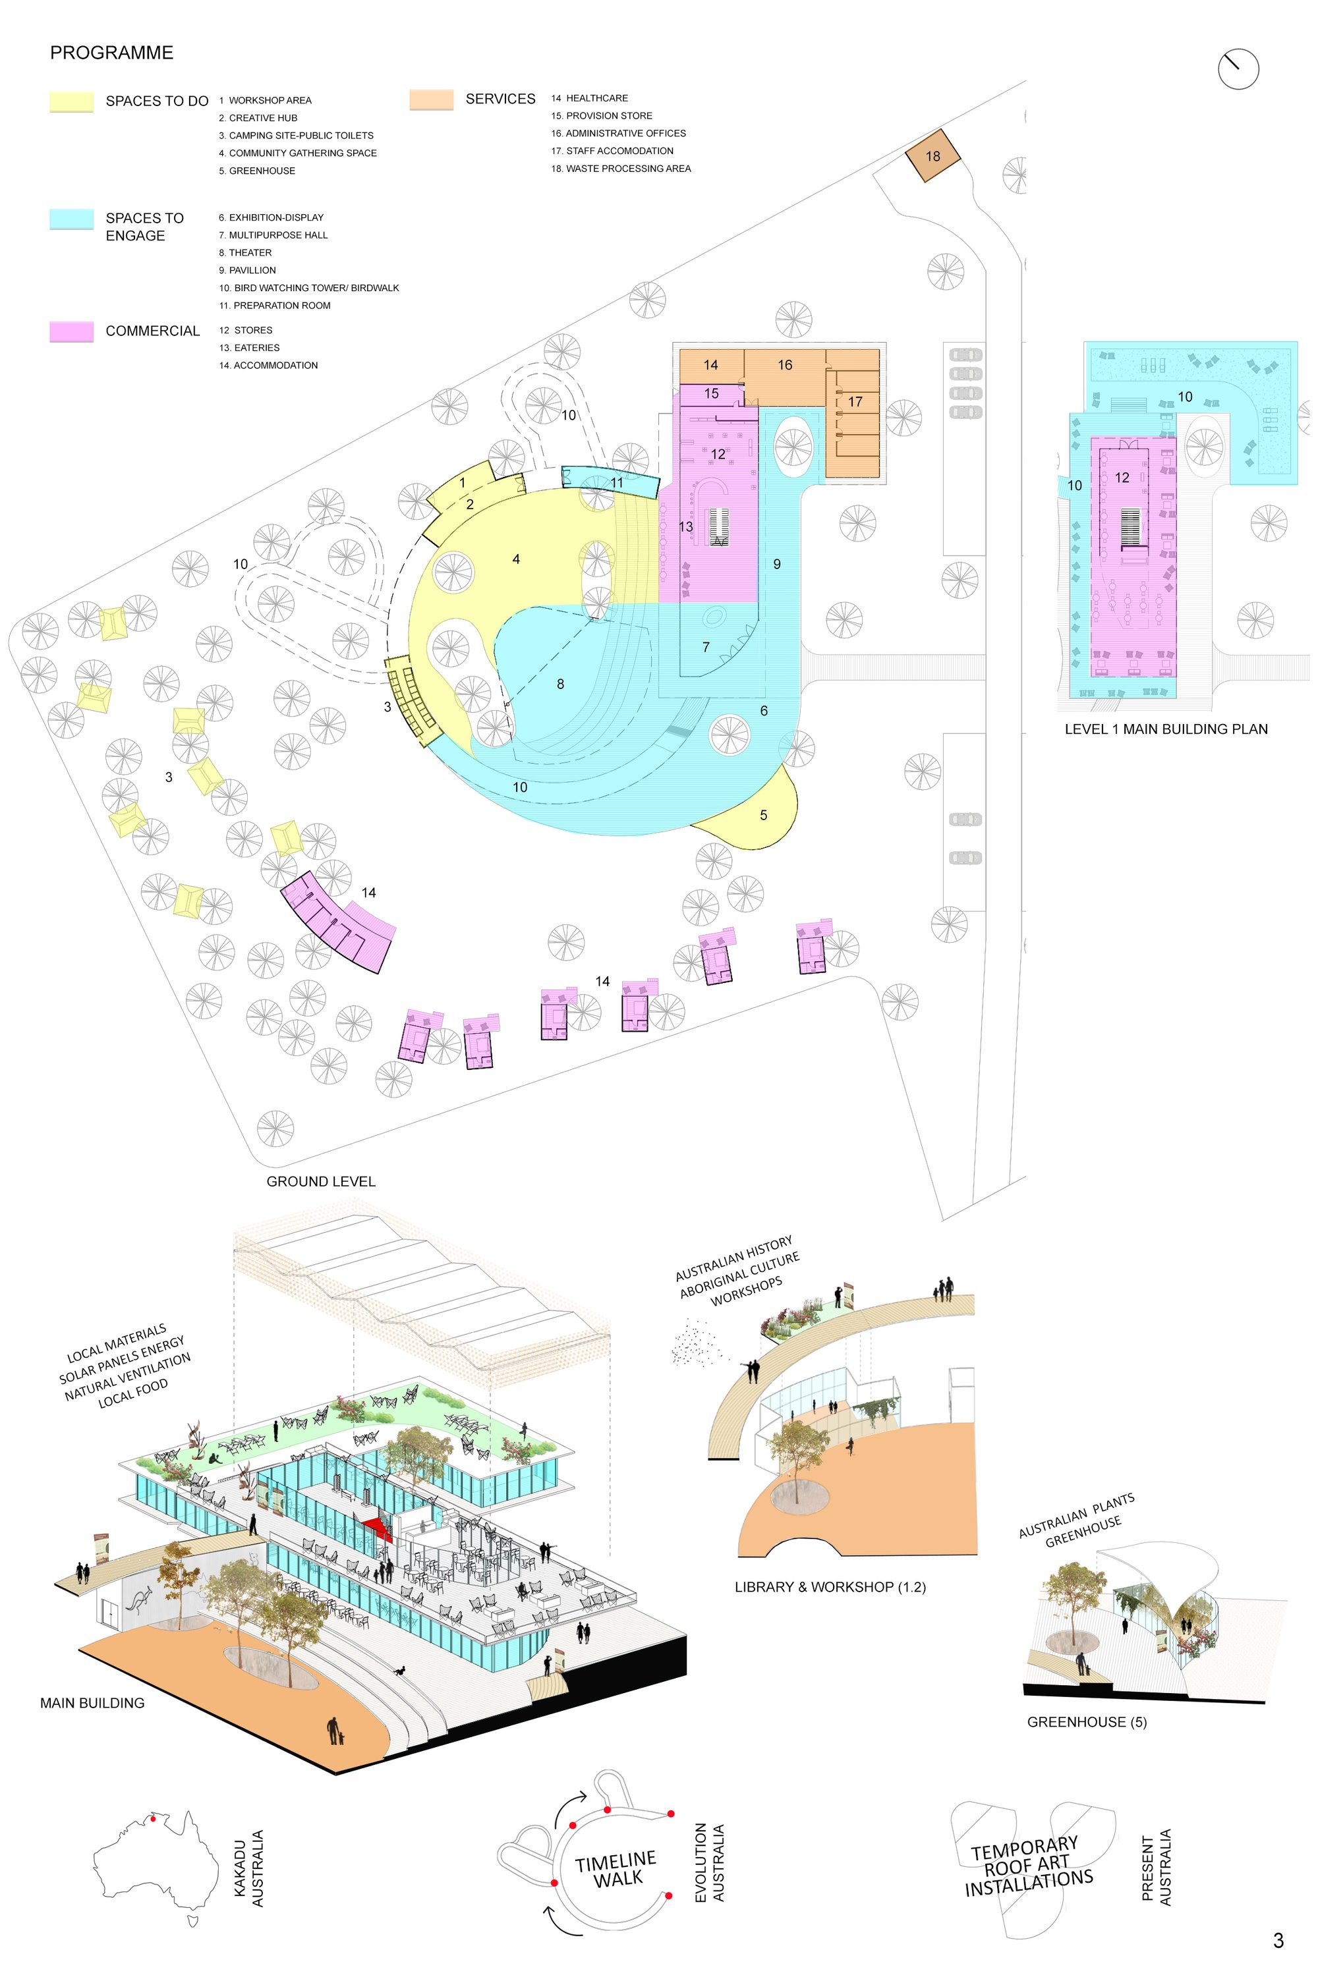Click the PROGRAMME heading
[x=112, y=53]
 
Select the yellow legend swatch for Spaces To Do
[x=71, y=101]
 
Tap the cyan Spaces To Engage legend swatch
[x=71, y=219]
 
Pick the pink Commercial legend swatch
[x=71, y=331]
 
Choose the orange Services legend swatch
[x=431, y=99]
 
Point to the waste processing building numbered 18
[x=932, y=155]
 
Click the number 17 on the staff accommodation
[x=855, y=402]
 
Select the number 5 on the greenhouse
[x=763, y=815]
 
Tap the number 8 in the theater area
[x=561, y=684]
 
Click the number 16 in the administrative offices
[x=785, y=365]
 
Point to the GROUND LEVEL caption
[x=321, y=1181]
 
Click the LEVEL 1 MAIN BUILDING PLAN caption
[x=1166, y=729]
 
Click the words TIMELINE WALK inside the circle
[x=617, y=1870]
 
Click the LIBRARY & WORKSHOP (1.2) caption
[x=830, y=1587]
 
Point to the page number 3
[x=1278, y=1940]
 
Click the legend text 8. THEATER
[x=245, y=253]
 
